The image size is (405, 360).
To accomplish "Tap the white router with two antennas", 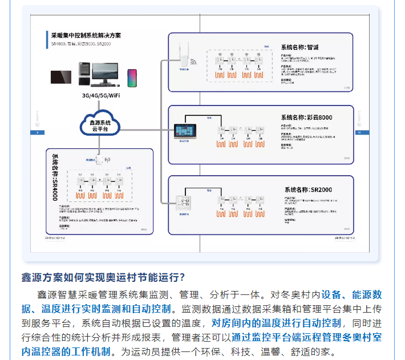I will click(184, 53).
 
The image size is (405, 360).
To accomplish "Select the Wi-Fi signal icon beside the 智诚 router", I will click(194, 62).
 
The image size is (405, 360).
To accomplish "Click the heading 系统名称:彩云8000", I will click(306, 117).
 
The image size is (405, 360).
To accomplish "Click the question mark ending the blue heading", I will click(181, 278).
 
